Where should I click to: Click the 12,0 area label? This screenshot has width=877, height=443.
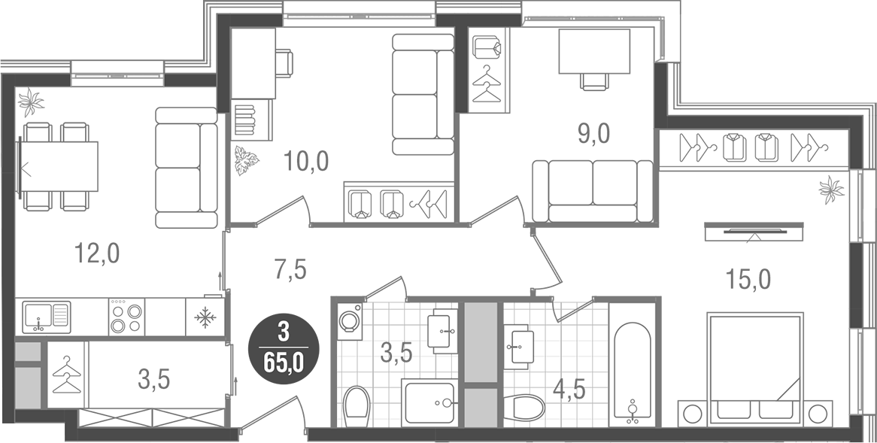tap(97, 254)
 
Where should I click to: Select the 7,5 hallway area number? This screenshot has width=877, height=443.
tap(290, 269)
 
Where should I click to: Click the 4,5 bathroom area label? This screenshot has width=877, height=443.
tap(569, 390)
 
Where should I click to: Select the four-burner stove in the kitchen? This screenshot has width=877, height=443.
tap(126, 317)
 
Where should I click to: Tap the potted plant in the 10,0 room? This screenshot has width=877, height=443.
tap(246, 159)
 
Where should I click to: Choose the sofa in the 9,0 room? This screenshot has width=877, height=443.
tap(592, 192)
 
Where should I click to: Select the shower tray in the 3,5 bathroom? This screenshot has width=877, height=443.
tap(429, 403)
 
